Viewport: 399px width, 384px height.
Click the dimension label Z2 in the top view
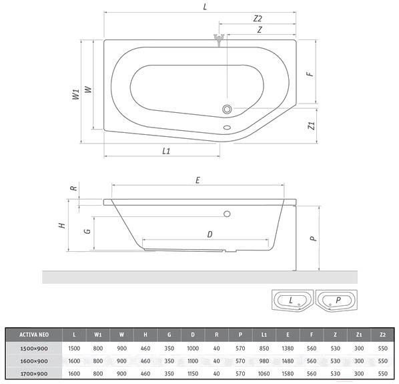coord(258,19)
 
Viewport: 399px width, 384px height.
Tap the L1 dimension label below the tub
coord(166,151)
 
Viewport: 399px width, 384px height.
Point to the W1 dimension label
coord(76,94)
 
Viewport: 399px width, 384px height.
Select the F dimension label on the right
coord(310,74)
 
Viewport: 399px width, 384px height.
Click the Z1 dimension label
coord(311,126)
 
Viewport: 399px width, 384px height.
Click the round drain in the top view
coord(227,110)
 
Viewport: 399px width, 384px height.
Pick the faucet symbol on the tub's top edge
coord(219,39)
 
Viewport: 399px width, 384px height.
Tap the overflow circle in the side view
coord(227,214)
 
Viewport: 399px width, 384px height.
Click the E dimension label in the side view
coord(197,180)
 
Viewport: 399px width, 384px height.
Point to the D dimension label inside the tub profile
coord(210,234)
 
